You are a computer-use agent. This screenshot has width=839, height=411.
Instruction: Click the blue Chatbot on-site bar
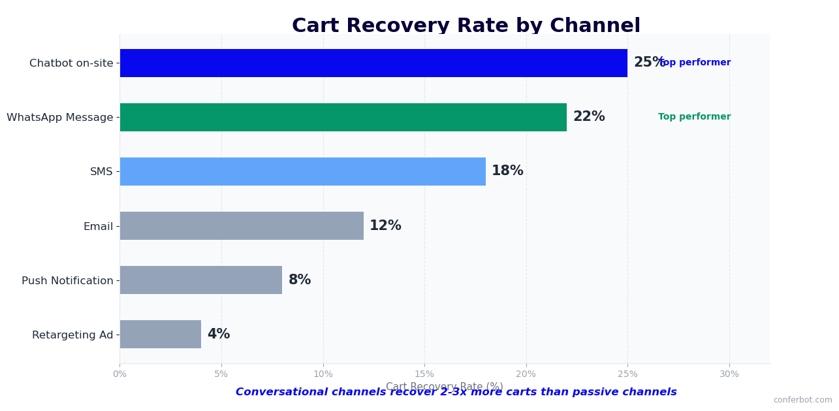(373, 63)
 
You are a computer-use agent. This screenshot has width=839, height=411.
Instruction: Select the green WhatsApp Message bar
(343, 117)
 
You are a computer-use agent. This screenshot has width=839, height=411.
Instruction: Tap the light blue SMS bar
(302, 171)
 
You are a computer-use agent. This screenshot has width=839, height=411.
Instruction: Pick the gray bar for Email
(242, 225)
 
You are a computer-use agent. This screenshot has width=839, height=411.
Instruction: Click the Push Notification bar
(200, 280)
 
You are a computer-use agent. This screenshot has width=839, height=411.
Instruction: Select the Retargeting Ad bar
(160, 334)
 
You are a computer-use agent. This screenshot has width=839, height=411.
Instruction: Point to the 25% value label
(648, 63)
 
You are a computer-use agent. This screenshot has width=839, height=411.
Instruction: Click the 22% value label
(589, 117)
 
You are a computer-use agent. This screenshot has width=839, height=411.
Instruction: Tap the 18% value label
(507, 171)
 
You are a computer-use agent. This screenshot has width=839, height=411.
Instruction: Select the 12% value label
(385, 226)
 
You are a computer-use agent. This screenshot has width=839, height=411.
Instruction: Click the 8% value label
(300, 280)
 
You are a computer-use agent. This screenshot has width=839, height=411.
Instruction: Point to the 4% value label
(219, 335)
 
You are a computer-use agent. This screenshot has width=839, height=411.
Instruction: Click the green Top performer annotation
(694, 117)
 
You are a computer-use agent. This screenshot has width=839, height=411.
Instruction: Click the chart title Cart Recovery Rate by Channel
(466, 26)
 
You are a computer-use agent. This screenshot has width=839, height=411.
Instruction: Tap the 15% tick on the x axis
(424, 374)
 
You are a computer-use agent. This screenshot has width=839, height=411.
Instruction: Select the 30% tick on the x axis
(729, 374)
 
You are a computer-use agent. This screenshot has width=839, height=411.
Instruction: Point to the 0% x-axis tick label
(119, 374)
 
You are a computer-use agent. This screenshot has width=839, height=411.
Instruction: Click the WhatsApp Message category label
(60, 118)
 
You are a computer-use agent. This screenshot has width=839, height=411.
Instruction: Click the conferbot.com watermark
(802, 400)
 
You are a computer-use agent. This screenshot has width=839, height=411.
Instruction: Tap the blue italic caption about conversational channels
(456, 393)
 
